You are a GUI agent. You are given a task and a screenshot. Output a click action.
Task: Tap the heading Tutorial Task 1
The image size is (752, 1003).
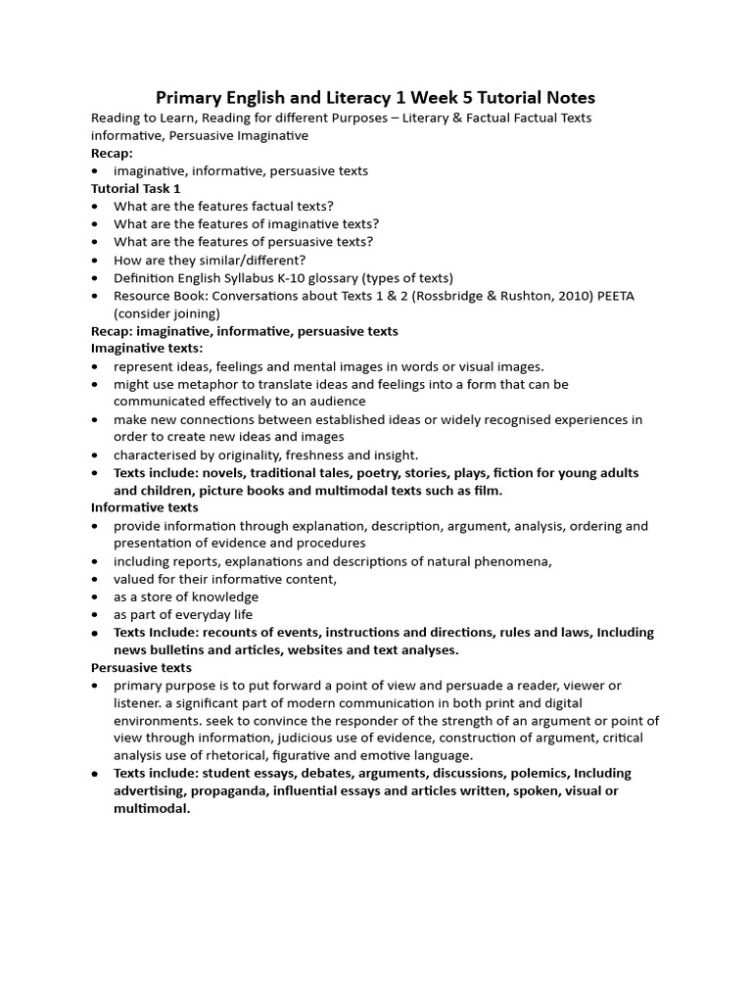pos(136,188)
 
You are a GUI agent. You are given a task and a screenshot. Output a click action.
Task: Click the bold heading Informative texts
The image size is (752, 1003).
pos(145,507)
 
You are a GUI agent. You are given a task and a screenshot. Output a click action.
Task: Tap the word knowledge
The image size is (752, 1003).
pos(224,597)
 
